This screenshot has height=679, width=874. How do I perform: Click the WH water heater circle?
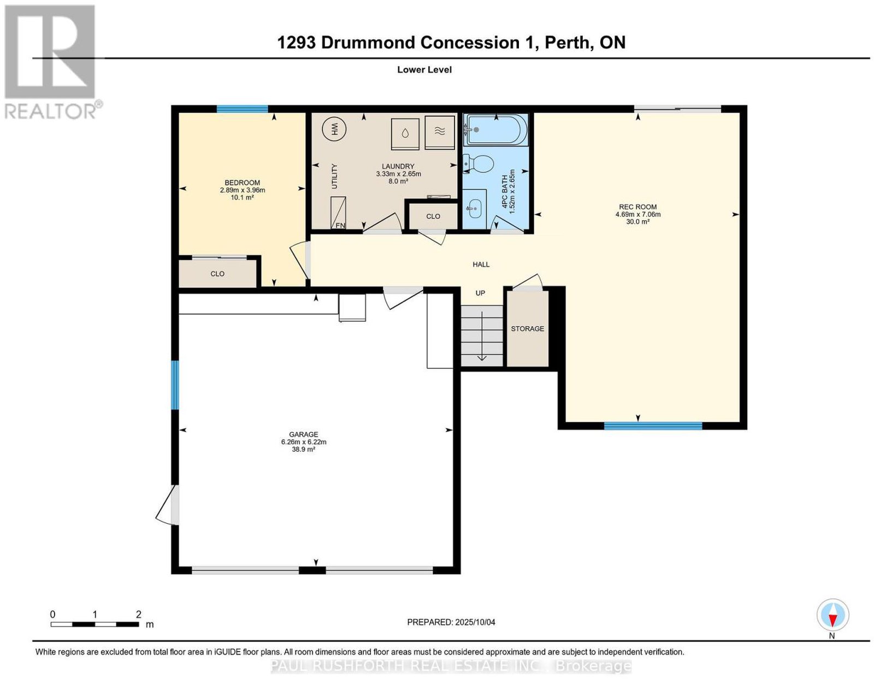[334, 129]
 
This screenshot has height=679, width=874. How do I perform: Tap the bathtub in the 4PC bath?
[495, 129]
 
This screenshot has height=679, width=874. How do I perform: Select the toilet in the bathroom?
[478, 164]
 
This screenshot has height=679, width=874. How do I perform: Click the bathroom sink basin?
[474, 209]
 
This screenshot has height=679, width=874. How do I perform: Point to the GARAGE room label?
[303, 434]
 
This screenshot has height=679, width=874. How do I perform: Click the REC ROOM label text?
[637, 207]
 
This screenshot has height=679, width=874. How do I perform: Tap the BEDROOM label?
[242, 182]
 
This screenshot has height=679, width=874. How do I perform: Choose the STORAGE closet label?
[527, 328]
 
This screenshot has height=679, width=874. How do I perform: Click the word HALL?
[481, 264]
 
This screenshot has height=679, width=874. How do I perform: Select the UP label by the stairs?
[480, 293]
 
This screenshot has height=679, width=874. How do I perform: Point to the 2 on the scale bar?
[138, 615]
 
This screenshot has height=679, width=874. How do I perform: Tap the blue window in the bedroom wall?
[242, 109]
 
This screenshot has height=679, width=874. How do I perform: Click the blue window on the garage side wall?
[175, 385]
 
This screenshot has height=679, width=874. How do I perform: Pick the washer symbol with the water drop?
[405, 133]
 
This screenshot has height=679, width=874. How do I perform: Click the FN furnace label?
[340, 225]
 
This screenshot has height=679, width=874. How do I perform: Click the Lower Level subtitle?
[424, 69]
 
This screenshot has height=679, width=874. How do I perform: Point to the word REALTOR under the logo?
[50, 111]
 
